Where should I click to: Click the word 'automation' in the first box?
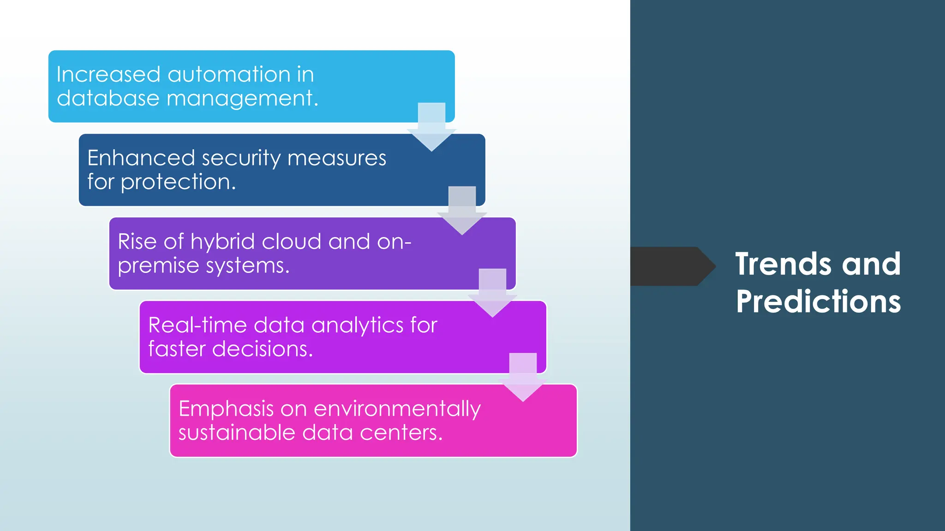click(225, 75)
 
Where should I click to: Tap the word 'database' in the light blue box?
click(108, 99)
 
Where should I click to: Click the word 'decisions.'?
click(263, 349)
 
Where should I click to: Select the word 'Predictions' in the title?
click(818, 302)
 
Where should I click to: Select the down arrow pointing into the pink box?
click(523, 378)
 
